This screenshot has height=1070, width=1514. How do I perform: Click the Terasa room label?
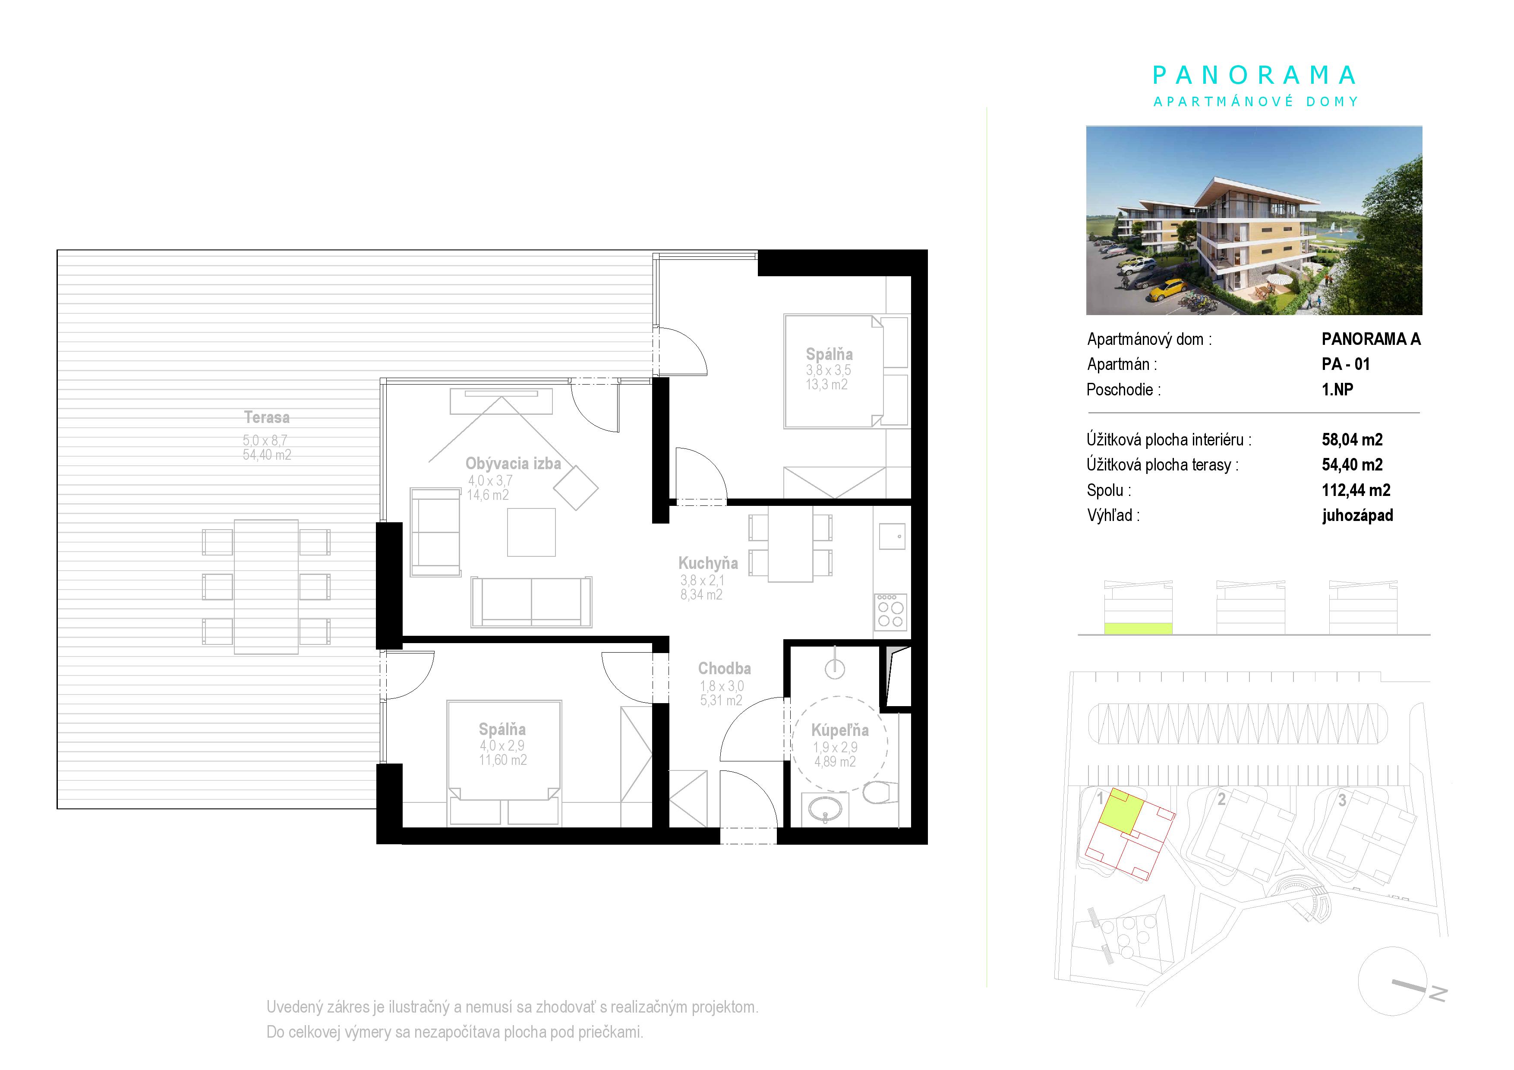coord(266,417)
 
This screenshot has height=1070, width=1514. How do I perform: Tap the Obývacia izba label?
coord(513,464)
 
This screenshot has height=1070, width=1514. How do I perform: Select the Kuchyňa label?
coord(708,563)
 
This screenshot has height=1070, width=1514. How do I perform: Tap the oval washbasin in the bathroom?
coord(824,809)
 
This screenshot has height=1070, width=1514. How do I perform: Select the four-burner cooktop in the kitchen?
coord(890,612)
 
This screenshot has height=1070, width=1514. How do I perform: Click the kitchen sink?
coord(892,536)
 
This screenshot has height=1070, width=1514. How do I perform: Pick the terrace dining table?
coord(266,587)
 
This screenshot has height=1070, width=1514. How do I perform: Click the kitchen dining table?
coord(790,544)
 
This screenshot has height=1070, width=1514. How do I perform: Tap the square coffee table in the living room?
coord(531,532)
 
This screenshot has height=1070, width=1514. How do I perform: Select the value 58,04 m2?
coord(1352,440)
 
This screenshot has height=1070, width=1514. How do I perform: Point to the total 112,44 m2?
coord(1356,490)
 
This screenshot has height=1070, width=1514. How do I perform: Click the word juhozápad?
coord(1357,515)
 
